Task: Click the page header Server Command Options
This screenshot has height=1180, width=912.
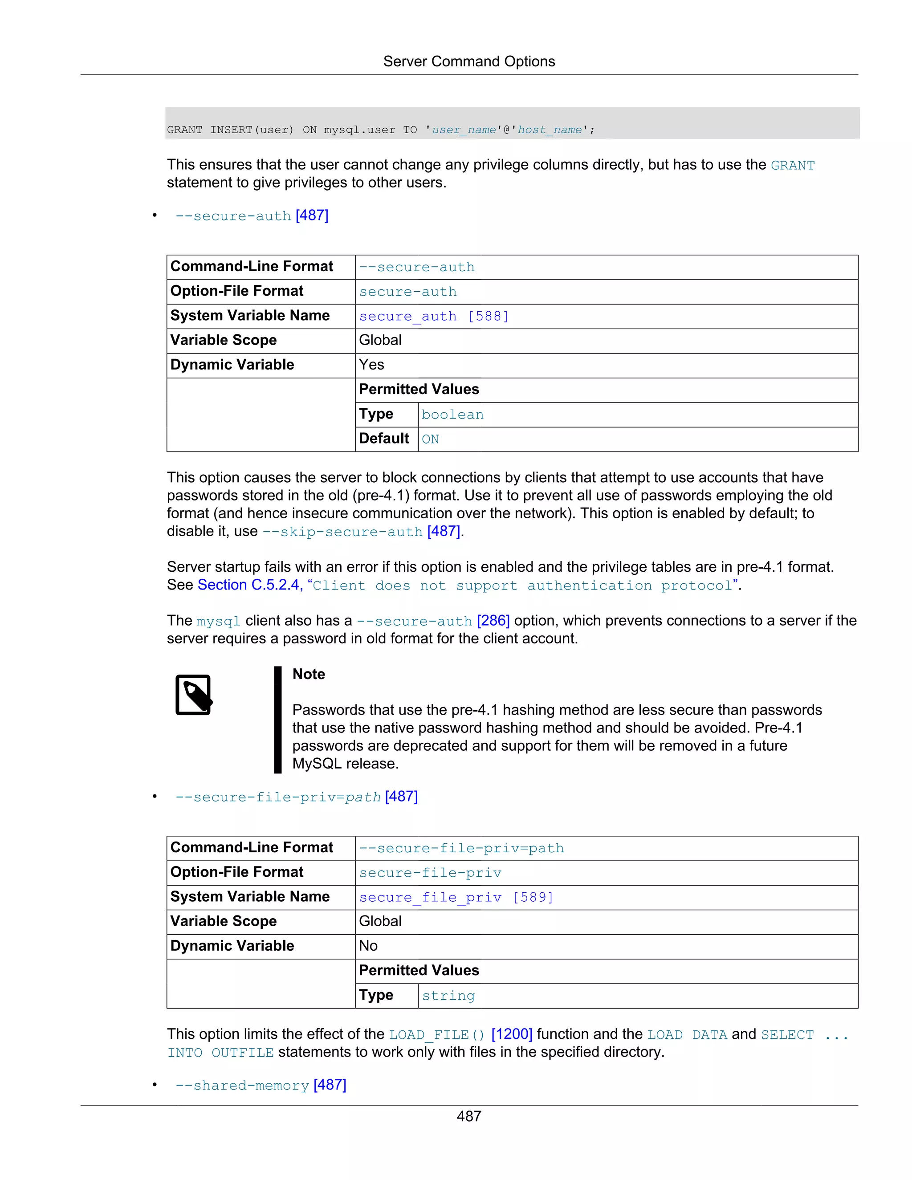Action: pos(468,61)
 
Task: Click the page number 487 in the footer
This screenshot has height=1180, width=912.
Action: pos(468,1116)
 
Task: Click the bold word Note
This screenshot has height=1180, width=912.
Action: pos(309,674)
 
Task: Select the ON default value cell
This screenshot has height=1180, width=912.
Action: pos(431,439)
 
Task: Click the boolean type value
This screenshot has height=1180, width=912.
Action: pos(452,415)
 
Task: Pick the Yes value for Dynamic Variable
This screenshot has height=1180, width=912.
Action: pos(371,365)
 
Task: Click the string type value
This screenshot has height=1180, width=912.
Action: pos(448,995)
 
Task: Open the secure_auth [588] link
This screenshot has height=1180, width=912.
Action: pos(433,316)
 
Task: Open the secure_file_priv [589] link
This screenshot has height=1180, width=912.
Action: pos(456,897)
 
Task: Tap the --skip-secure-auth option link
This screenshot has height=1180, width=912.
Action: pos(342,532)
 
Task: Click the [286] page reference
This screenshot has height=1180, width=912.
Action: pos(493,620)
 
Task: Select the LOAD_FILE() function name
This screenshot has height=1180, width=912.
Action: pos(436,1035)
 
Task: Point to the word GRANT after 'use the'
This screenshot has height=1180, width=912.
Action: pos(792,165)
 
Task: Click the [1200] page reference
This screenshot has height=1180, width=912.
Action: pos(512,1034)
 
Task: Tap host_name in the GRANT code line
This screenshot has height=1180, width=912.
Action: pos(550,130)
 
